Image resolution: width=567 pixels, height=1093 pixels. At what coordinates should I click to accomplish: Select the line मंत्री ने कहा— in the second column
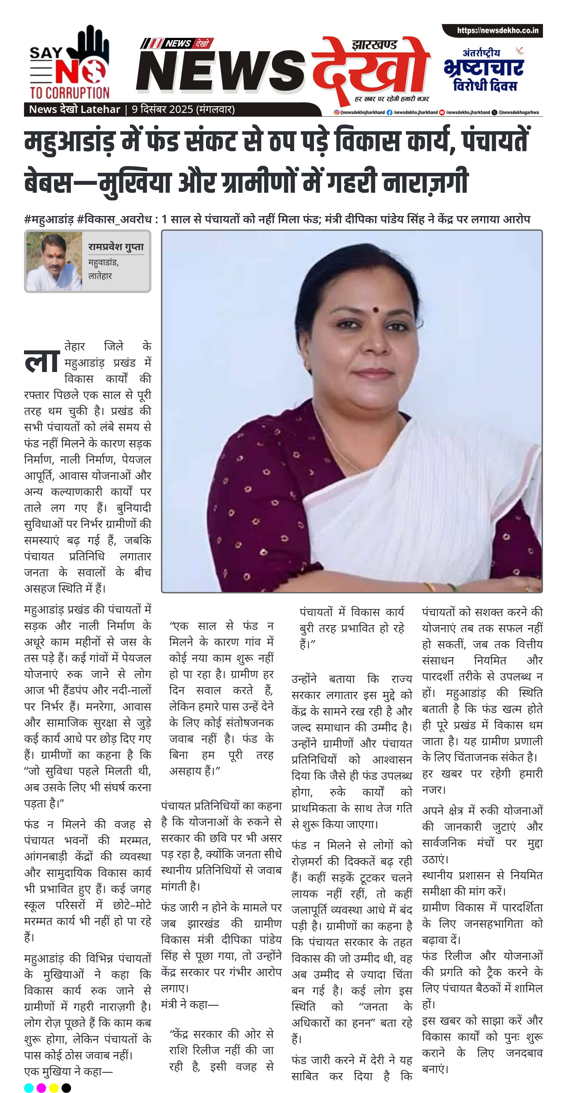pyautogui.click(x=190, y=1004)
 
